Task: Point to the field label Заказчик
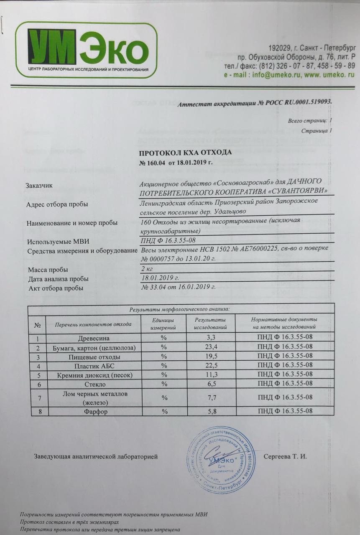pos(39,186)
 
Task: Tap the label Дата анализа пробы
pos(58,279)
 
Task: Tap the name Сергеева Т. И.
pos(285,456)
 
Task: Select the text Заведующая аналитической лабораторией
pos(96,457)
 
